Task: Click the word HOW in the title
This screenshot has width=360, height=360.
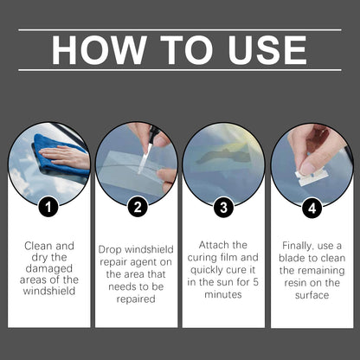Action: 96,49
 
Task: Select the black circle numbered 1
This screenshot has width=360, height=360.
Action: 49,209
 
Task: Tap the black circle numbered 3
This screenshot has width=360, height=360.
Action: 224,209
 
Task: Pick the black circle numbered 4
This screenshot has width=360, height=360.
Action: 312,209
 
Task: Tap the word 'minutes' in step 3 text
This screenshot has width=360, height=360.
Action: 223,294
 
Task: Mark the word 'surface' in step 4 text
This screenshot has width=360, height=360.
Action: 312,294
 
